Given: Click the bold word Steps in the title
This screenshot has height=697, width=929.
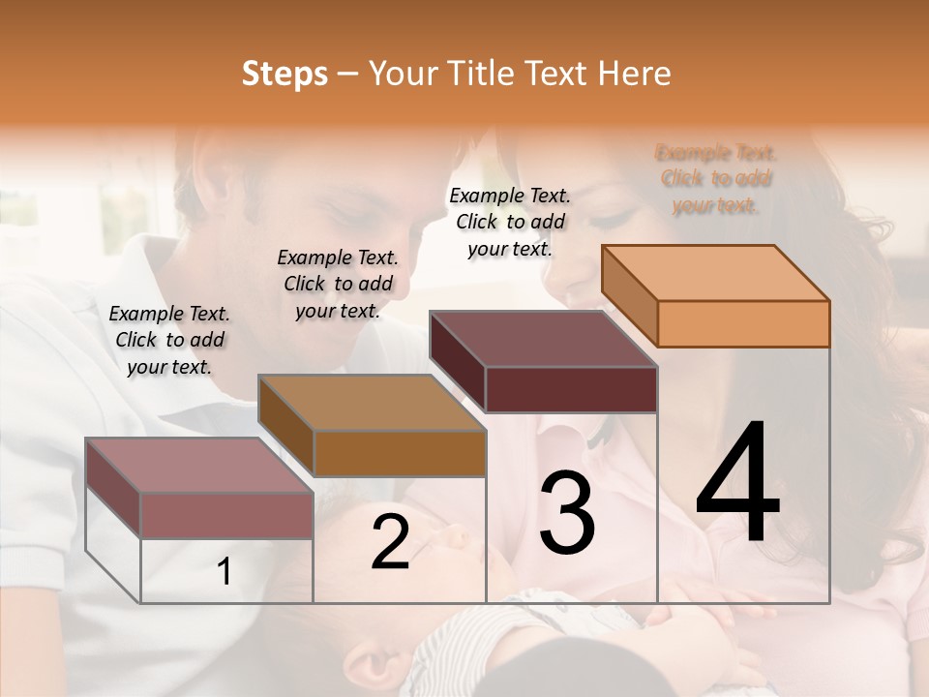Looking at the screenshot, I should (x=285, y=74).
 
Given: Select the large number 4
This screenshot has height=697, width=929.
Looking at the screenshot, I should (x=737, y=484).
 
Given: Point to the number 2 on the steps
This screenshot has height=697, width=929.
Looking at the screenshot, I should (x=390, y=543).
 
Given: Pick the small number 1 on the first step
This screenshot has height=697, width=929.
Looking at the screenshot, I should (x=225, y=572).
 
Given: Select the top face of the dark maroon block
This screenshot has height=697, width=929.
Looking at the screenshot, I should (x=543, y=339).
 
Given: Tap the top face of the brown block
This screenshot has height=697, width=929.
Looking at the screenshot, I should (x=371, y=403).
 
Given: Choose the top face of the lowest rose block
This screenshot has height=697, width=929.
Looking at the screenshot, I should (x=198, y=466).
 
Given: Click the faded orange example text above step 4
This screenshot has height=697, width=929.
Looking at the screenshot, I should (x=716, y=179).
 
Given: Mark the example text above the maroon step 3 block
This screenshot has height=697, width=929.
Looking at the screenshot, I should (x=510, y=222).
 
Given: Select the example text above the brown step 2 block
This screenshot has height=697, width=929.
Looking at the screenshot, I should (x=338, y=284).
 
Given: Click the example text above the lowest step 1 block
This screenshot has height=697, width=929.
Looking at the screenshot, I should (x=169, y=340).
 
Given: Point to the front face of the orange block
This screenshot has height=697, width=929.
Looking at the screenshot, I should (x=743, y=323).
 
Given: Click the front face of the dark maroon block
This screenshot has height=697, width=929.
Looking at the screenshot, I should (x=571, y=389).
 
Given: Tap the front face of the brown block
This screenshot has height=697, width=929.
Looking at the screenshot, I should (x=399, y=453).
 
